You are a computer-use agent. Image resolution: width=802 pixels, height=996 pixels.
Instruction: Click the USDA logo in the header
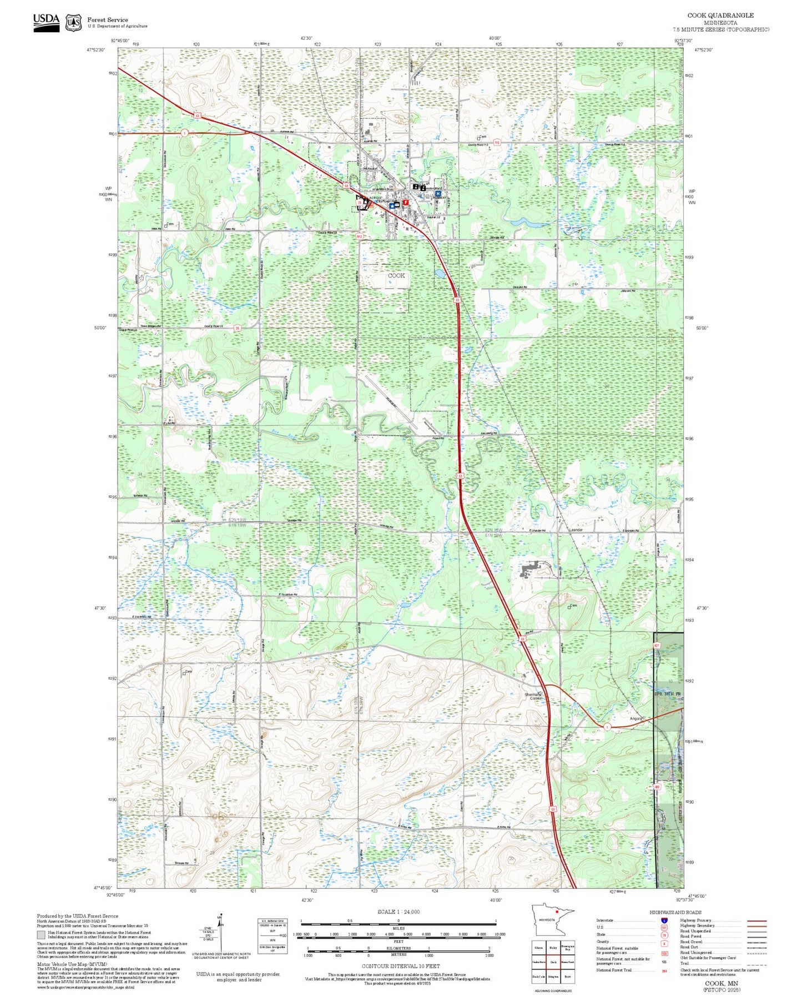(46, 22)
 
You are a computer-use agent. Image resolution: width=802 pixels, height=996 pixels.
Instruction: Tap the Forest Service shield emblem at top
(73, 23)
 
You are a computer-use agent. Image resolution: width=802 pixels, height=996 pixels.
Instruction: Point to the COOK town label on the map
(396, 275)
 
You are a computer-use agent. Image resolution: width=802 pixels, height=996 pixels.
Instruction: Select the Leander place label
(576, 530)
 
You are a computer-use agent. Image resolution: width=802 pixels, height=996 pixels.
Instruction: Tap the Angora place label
(636, 718)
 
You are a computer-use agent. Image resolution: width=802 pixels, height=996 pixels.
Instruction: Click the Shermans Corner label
(533, 696)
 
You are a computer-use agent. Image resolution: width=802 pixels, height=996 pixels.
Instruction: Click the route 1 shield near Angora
(607, 727)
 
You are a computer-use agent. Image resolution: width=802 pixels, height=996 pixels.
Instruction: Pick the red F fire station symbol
(406, 203)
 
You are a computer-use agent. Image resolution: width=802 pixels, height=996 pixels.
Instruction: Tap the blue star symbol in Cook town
(392, 205)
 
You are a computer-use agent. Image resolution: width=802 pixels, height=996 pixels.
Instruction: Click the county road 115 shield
(497, 143)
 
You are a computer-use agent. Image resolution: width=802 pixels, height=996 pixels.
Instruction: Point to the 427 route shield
(656, 646)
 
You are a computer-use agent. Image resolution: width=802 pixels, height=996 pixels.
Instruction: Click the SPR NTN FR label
(667, 695)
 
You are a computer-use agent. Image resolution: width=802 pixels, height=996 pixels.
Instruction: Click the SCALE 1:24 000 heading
(398, 912)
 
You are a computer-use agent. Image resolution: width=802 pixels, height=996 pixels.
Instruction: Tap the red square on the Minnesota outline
(556, 926)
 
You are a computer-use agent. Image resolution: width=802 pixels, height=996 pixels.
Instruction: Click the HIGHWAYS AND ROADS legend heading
(675, 912)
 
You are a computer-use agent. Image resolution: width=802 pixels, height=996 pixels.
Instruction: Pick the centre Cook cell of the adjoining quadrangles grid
(553, 962)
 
